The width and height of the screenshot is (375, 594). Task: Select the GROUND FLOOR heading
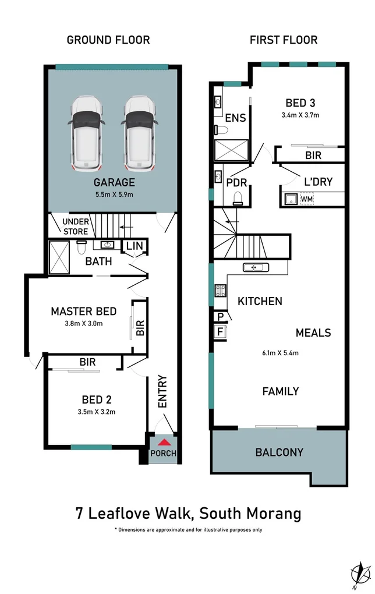[x=108, y=40]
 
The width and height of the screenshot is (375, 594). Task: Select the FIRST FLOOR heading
[x=284, y=40]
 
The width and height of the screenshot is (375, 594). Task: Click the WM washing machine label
[x=308, y=200]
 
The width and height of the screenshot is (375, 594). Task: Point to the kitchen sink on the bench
[x=256, y=268]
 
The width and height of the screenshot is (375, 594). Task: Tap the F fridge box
[x=221, y=331]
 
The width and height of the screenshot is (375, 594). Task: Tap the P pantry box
[x=221, y=317]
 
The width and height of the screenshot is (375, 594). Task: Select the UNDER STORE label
[x=75, y=227]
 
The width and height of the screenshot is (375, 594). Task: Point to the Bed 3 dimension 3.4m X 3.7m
[x=300, y=115]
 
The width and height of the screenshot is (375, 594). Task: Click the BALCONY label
[x=279, y=452]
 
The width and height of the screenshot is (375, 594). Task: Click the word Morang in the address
[x=273, y=514]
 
